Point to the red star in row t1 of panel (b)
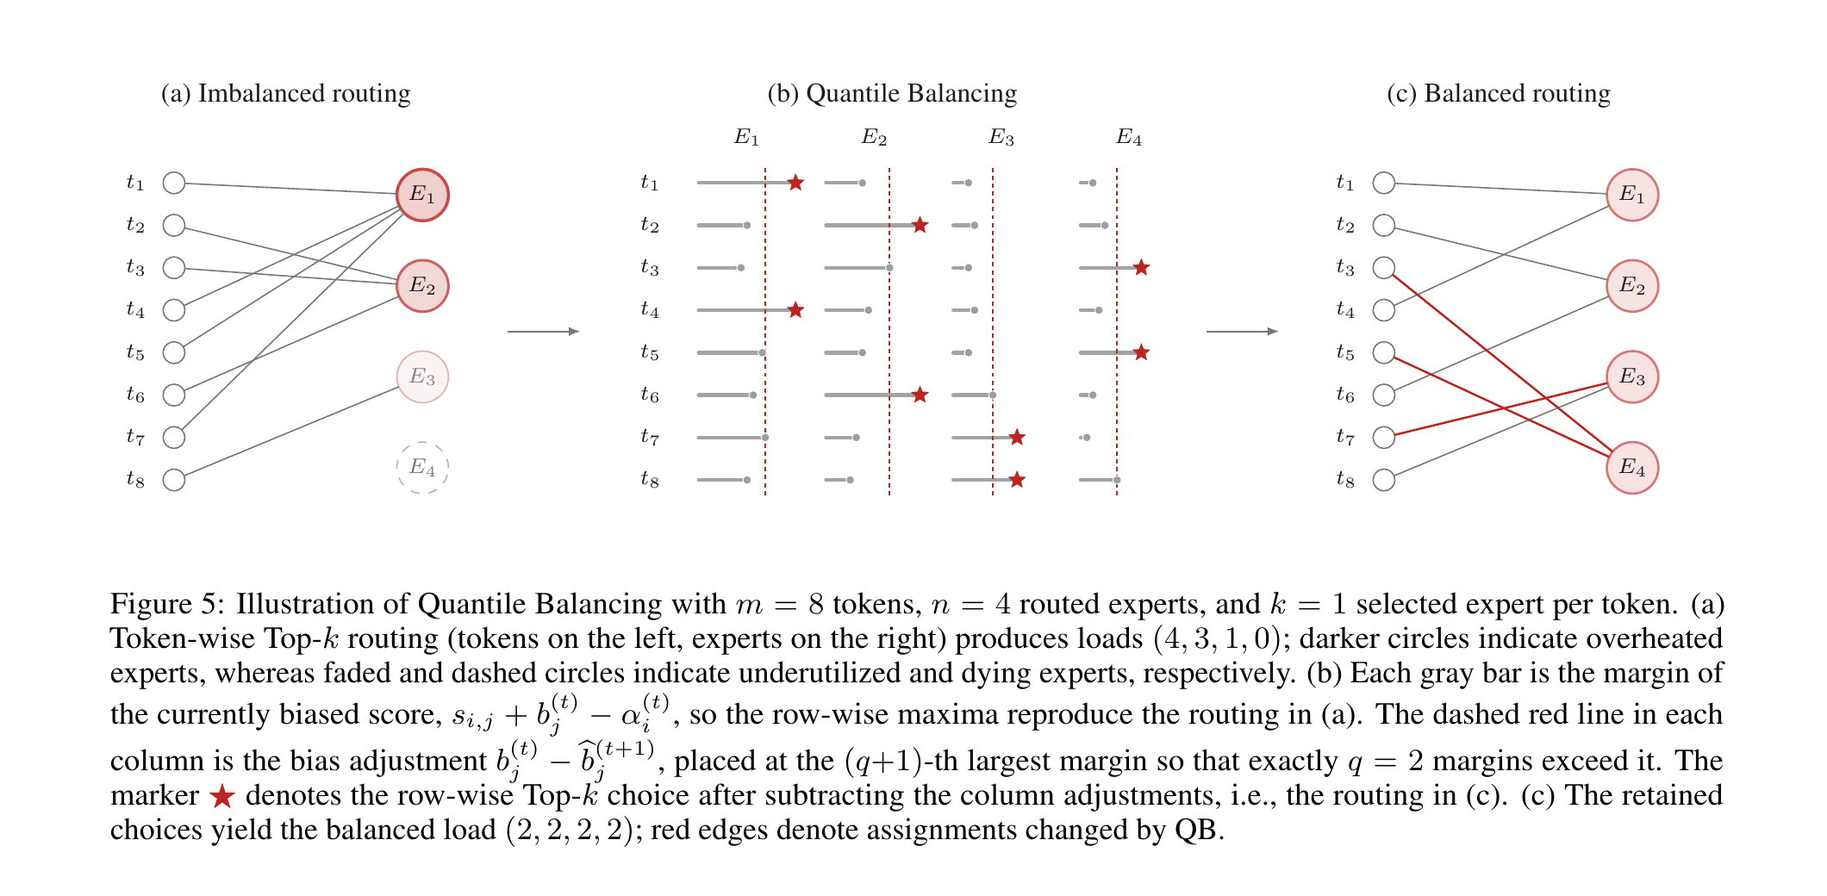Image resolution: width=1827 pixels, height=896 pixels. tap(795, 183)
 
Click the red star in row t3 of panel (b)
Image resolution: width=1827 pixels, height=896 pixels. tap(1141, 268)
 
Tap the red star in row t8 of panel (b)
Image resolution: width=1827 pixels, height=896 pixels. tap(1017, 480)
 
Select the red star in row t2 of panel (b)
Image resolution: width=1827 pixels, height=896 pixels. tap(920, 225)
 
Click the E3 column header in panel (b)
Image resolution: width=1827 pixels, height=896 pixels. tap(1001, 137)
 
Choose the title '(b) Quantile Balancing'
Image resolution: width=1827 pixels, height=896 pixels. tap(892, 93)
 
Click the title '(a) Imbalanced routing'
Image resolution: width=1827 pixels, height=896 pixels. tap(285, 93)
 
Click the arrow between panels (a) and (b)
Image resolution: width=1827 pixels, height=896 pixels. tap(543, 331)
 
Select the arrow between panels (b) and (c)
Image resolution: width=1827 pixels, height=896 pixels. tap(1242, 331)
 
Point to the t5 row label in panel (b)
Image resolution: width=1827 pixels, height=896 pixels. tap(650, 353)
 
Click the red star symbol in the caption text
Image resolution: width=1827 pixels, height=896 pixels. tap(222, 796)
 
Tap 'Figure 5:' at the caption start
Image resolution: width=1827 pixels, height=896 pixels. tap(167, 604)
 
